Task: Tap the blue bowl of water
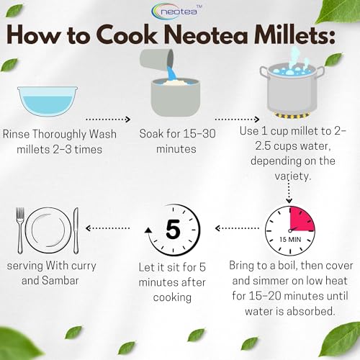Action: [48, 102]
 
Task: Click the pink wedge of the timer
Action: [302, 219]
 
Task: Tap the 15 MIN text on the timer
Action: [290, 239]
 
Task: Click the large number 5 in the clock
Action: [173, 229]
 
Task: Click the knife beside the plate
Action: [76, 230]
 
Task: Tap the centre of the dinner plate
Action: [48, 230]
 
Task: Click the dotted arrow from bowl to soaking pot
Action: [108, 119]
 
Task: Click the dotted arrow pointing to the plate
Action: [107, 228]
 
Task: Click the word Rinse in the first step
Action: [17, 134]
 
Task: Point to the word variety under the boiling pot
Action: [293, 176]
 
